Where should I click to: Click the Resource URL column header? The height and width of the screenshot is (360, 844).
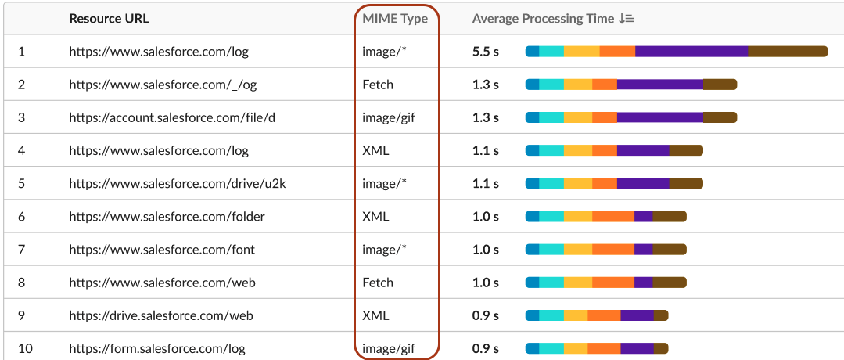(109, 19)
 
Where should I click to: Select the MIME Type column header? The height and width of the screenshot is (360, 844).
(395, 19)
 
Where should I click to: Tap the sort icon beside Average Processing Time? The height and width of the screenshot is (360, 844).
(626, 19)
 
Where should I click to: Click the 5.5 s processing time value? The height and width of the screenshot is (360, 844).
(486, 52)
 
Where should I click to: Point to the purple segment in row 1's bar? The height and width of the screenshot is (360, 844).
(691, 52)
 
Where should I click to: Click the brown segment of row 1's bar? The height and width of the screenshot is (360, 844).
(788, 52)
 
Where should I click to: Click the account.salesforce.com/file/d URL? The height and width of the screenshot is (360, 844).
(172, 117)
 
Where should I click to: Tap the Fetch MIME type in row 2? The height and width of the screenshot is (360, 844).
(378, 85)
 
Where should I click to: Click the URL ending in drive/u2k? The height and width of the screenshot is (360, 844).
(177, 184)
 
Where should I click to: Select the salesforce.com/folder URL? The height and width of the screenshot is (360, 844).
(167, 217)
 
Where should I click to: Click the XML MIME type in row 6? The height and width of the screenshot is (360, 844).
(375, 217)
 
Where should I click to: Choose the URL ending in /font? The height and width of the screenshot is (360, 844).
(161, 250)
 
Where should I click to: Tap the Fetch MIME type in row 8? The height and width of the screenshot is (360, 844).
(378, 283)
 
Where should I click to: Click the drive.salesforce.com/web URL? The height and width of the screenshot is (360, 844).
(161, 315)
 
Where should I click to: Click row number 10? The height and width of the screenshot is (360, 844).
(25, 349)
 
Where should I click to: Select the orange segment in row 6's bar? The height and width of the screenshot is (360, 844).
(613, 217)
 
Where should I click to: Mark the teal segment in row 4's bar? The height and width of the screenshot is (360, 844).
(551, 151)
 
